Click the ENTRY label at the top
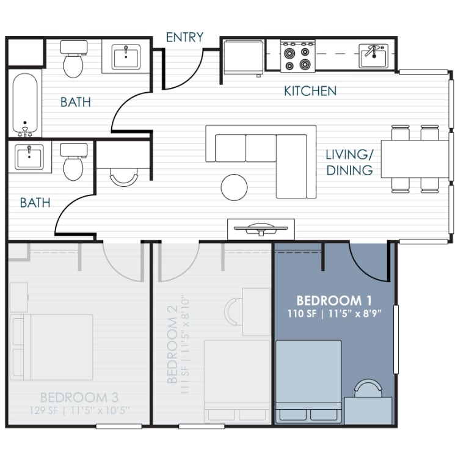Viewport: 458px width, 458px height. [x=184, y=37]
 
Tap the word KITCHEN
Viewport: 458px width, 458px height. [x=310, y=91]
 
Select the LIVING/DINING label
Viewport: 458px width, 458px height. [x=349, y=162]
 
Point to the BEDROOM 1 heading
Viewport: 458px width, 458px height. [x=334, y=301]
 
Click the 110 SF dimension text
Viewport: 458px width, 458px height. [x=303, y=314]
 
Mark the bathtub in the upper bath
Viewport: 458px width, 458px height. [x=24, y=103]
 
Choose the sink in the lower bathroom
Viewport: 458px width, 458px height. [x=29, y=158]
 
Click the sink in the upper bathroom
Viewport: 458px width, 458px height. [x=126, y=57]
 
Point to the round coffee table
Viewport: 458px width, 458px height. [x=235, y=187]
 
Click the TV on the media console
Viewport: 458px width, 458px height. [x=261, y=228]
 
